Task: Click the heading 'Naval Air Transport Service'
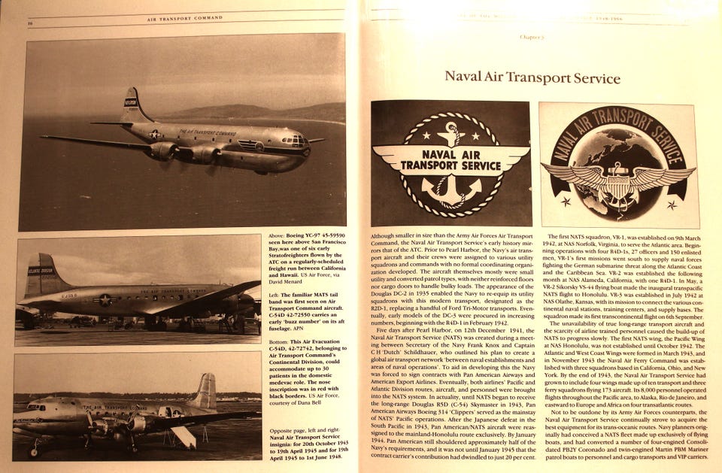click(x=532, y=77)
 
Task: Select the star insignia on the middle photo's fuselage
click(x=105, y=299)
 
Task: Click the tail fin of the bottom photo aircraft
click(x=204, y=391)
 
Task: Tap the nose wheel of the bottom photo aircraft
click(x=34, y=451)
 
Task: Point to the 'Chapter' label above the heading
click(x=532, y=36)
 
